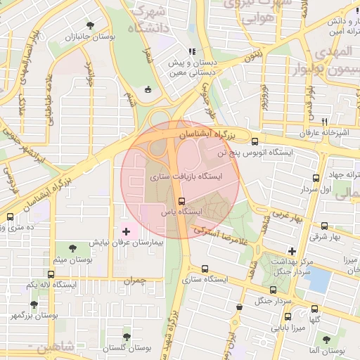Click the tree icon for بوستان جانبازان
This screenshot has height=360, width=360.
coord(89,26)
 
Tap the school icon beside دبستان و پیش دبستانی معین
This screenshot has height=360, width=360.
coord(191,51)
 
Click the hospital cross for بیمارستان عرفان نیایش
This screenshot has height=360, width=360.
coord(127,231)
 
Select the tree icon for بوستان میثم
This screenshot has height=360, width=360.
coord(73,247)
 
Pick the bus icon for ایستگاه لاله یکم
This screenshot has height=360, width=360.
coord(51,274)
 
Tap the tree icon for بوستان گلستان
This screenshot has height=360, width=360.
coord(127,337)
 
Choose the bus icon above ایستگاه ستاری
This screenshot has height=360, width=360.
coord(205,268)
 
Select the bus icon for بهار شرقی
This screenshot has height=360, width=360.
coord(324,226)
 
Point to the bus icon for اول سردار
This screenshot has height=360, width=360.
coord(315,178)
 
